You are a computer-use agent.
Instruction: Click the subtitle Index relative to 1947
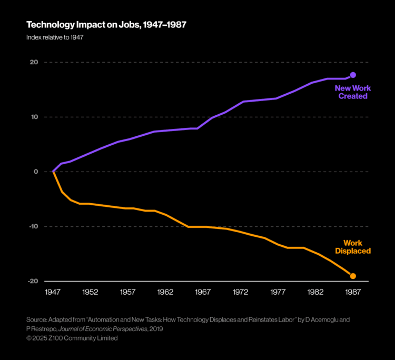pyautogui.click(x=54, y=37)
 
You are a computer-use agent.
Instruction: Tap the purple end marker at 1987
pyautogui.click(x=353, y=75)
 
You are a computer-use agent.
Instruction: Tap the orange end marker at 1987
pyautogui.click(x=353, y=276)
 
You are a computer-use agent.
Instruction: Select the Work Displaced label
pyautogui.click(x=353, y=247)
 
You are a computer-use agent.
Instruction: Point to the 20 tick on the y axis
pyautogui.click(x=33, y=62)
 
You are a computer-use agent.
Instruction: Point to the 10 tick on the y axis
pyautogui.click(x=33, y=117)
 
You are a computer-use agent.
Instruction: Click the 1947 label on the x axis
pyautogui.click(x=53, y=291)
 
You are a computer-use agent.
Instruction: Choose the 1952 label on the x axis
pyautogui.click(x=90, y=291)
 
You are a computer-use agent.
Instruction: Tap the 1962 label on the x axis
pyautogui.click(x=165, y=291)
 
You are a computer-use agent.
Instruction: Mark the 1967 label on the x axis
pyautogui.click(x=203, y=291)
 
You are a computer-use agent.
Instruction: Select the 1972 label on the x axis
pyautogui.click(x=240, y=291)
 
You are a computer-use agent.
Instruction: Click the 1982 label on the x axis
pyautogui.click(x=315, y=291)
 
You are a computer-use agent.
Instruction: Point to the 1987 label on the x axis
pyautogui.click(x=353, y=291)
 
